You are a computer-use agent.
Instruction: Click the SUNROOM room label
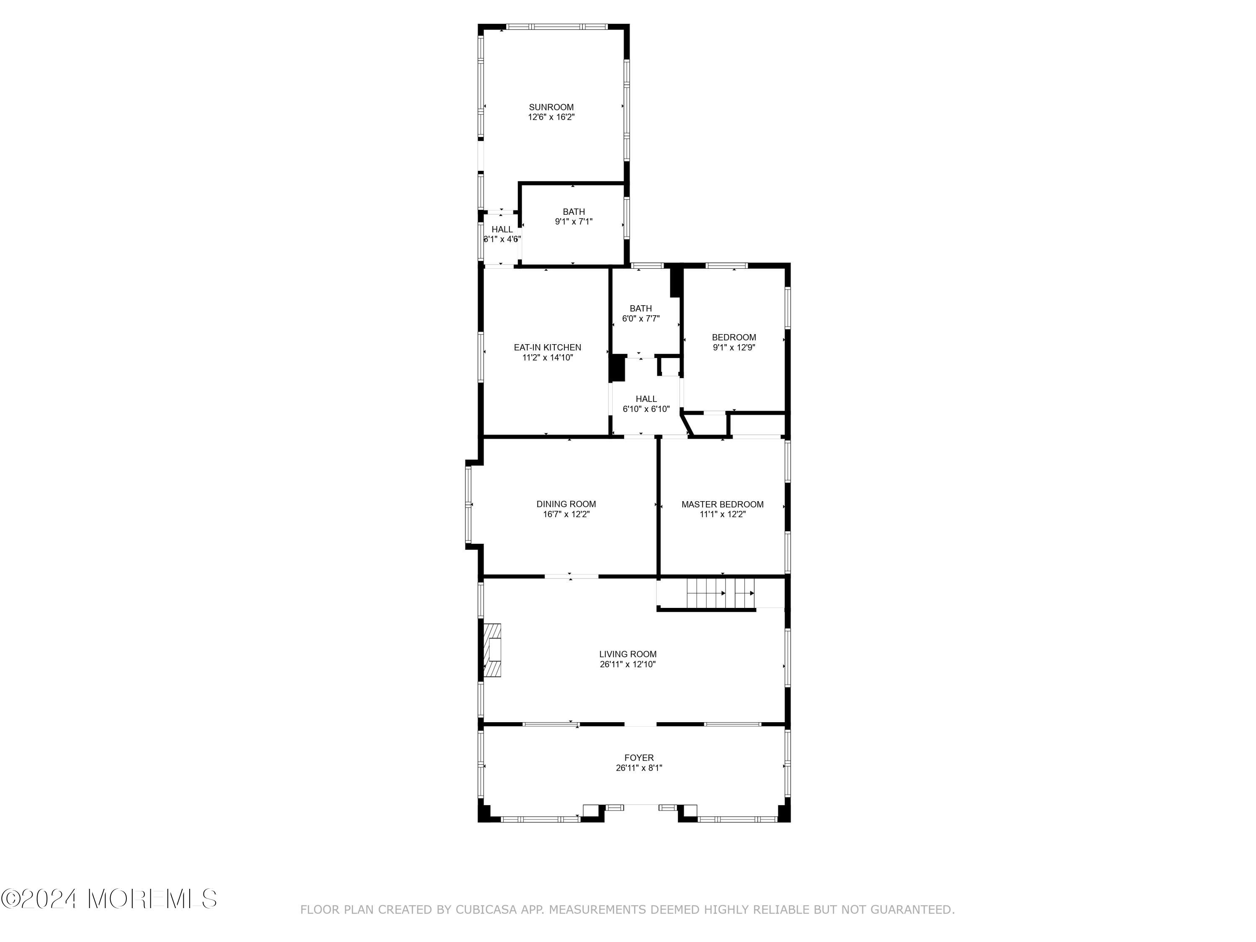click(551, 107)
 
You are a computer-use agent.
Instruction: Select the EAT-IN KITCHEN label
click(547, 347)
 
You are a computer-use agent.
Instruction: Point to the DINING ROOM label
click(566, 504)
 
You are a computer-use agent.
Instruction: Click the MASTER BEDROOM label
click(722, 504)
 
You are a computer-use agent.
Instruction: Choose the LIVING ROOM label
click(628, 654)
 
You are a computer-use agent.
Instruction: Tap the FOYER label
click(639, 757)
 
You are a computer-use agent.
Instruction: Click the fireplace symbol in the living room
click(492, 650)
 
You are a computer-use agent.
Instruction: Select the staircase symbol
click(721, 593)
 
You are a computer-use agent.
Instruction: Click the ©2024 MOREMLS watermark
click(109, 899)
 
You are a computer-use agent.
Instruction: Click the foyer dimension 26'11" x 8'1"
click(639, 768)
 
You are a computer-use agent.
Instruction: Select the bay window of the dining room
click(468, 504)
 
